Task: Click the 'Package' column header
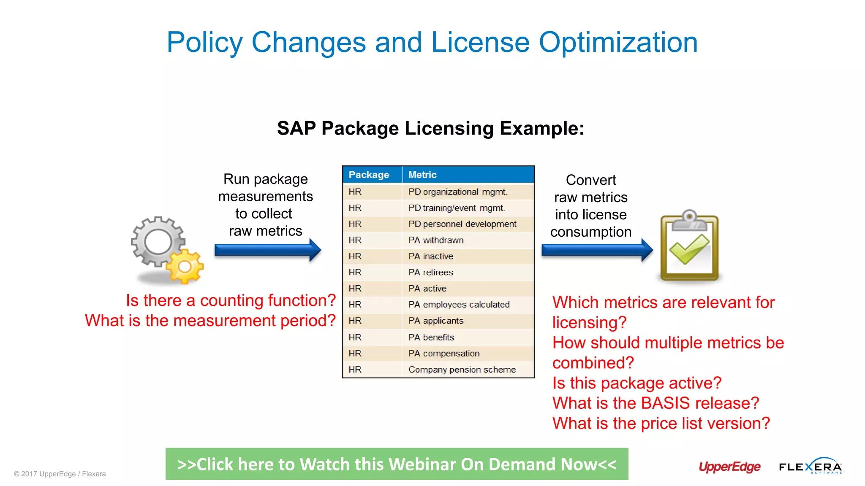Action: [369, 175]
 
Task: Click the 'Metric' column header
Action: [422, 175]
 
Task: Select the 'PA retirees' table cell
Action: [430, 273]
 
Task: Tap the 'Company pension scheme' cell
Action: [462, 370]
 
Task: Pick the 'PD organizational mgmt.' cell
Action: [457, 192]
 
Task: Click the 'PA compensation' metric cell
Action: [443, 354]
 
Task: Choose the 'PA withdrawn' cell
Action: [435, 240]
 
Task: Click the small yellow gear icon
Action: [185, 266]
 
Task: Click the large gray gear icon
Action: [158, 242]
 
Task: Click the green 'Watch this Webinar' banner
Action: [397, 464]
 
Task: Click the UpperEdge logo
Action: [729, 467]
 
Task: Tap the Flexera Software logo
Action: [810, 467]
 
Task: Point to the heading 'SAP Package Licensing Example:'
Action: [430, 128]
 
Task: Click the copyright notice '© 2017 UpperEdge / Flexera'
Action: [60, 474]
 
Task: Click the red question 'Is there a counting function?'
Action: [231, 300]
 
